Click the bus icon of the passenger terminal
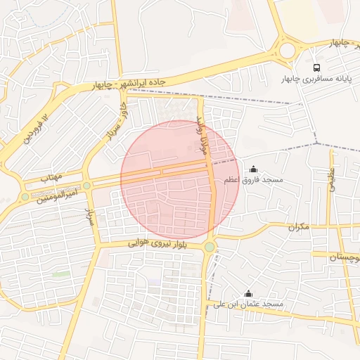point(316,68)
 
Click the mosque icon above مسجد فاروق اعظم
point(254,169)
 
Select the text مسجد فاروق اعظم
point(254,180)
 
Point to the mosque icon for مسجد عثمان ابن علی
point(247,294)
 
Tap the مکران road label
point(299,227)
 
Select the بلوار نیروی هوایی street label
point(157,243)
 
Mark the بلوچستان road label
point(345,257)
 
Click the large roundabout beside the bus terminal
point(287,50)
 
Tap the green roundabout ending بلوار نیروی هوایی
point(210,247)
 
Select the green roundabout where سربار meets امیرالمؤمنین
point(86,186)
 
